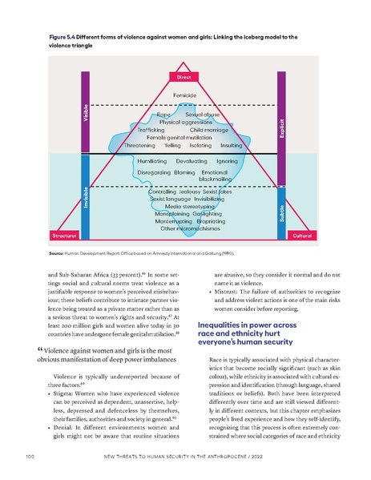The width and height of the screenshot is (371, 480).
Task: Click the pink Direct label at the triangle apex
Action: pos(185,77)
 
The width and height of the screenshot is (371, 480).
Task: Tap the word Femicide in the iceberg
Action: pos(185,95)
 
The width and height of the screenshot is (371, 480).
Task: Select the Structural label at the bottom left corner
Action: pos(64,236)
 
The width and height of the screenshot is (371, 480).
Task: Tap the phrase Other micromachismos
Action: pos(184,229)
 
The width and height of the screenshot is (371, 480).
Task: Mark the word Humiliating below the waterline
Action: pos(153,162)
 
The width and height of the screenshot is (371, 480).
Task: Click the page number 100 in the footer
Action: pos(29,460)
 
